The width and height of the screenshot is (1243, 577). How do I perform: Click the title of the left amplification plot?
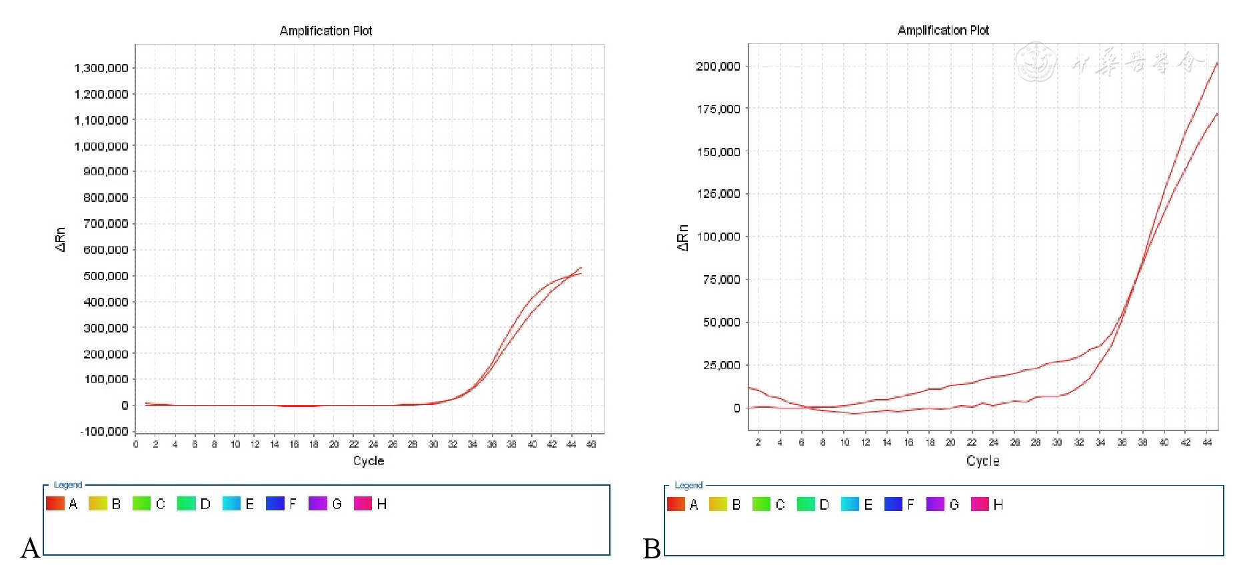click(326, 31)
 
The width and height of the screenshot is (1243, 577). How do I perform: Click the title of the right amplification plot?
click(943, 30)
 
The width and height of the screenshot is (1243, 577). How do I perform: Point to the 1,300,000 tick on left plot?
click(101, 68)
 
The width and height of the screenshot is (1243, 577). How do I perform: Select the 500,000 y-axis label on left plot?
click(105, 276)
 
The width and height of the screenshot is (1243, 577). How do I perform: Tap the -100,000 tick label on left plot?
click(104, 432)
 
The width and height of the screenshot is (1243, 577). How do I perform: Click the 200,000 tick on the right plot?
click(718, 66)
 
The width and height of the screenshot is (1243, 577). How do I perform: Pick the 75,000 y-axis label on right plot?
click(721, 279)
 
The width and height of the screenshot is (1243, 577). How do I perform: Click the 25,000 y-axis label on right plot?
click(721, 365)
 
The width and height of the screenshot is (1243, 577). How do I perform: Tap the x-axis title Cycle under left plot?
click(369, 461)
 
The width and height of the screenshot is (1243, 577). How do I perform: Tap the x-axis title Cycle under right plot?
click(982, 461)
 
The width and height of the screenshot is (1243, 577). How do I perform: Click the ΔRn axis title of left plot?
click(61, 239)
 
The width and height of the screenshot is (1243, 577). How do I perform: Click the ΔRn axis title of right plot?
click(682, 238)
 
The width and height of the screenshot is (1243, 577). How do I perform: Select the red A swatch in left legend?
click(55, 503)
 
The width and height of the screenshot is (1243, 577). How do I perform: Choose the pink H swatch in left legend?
click(363, 503)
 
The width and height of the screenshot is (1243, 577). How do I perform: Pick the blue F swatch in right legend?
click(893, 504)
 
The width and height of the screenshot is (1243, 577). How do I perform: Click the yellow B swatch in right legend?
click(718, 504)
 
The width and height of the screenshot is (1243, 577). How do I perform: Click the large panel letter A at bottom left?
click(30, 548)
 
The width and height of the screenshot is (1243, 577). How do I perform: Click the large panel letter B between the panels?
click(652, 548)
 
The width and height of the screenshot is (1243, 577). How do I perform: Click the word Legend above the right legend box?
click(688, 485)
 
